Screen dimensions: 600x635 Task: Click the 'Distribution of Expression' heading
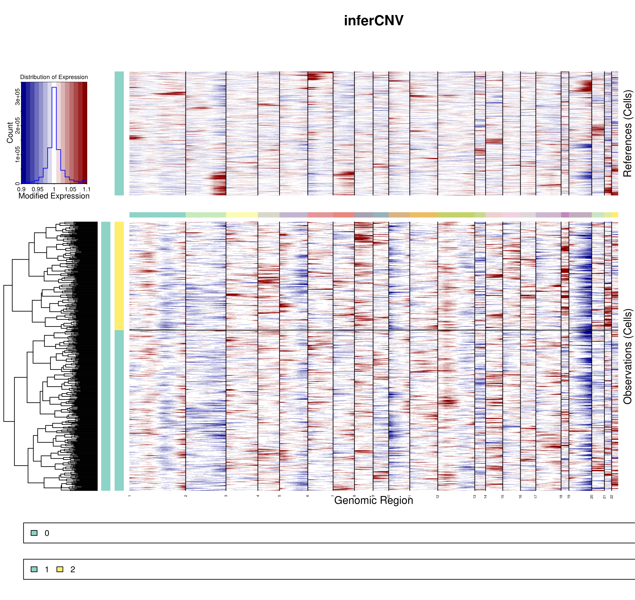(54, 77)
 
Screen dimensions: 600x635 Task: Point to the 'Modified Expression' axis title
(54, 196)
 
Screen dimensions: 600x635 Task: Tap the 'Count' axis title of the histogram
(10, 132)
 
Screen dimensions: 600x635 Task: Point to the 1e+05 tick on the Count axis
(18, 154)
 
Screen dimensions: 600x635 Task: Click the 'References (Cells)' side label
(627, 133)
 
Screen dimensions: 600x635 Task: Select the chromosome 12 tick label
(438, 496)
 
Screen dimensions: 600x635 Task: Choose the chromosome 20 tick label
(592, 497)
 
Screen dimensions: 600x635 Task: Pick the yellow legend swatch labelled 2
(60, 569)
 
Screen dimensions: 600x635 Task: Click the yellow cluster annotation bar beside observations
(119, 276)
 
